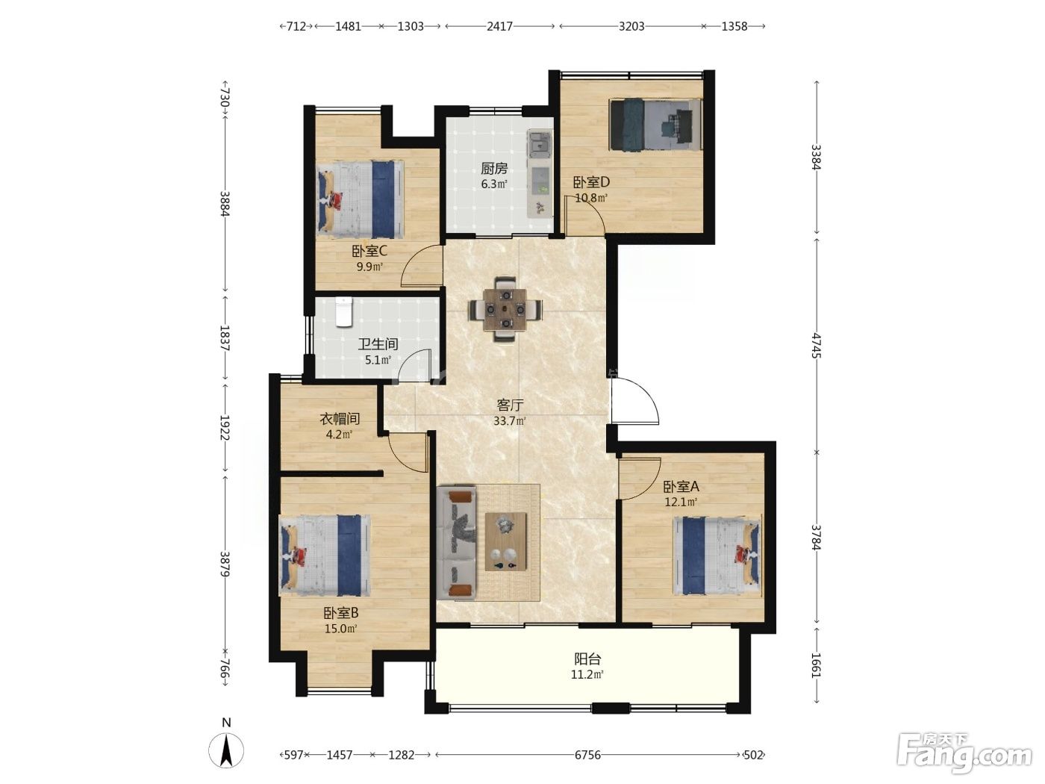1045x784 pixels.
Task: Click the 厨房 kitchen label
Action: (x=493, y=168)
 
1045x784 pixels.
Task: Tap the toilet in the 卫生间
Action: (x=343, y=312)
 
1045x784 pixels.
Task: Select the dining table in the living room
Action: (x=505, y=309)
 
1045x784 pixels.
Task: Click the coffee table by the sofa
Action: (x=505, y=541)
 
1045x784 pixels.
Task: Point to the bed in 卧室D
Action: (x=656, y=125)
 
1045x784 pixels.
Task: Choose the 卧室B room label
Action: (x=341, y=612)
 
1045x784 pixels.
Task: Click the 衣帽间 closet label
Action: (x=339, y=418)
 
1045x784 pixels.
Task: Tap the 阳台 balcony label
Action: (x=587, y=659)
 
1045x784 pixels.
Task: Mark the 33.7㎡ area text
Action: (x=509, y=421)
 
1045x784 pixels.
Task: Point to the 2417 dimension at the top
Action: (x=499, y=26)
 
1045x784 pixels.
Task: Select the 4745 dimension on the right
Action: (x=817, y=346)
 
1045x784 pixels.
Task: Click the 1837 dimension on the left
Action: (x=225, y=338)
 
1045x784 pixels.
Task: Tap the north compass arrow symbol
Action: (x=226, y=750)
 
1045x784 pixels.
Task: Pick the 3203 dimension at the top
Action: (x=631, y=26)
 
